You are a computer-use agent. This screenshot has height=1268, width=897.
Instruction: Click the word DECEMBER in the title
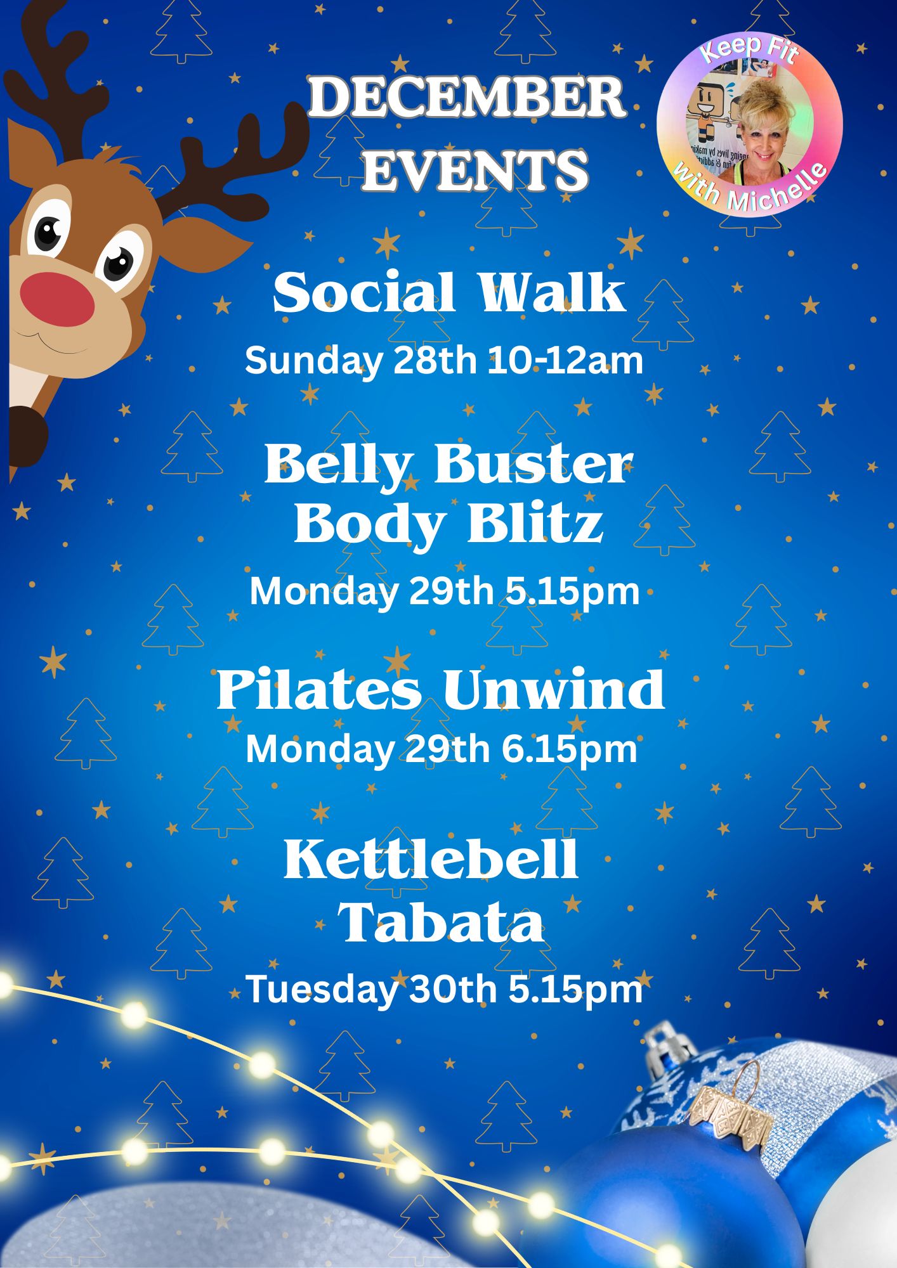coord(466,98)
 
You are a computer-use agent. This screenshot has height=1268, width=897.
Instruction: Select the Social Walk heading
coord(448,293)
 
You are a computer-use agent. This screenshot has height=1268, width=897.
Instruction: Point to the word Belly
coord(336,464)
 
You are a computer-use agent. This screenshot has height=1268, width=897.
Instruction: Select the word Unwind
coord(554,691)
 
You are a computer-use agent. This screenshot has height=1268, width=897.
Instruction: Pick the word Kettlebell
coord(431,860)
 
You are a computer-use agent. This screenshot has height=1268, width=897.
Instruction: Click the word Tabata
coord(442,922)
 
